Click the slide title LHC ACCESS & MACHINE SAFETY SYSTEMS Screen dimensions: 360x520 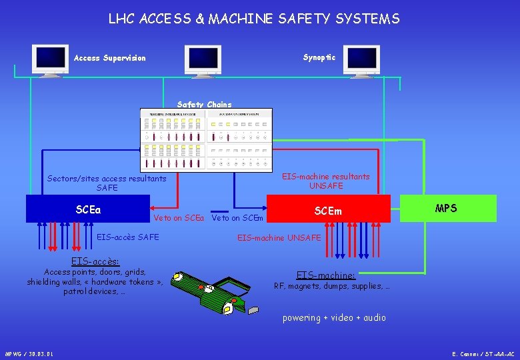pyautogui.click(x=254, y=19)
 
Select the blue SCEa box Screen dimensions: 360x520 pyautogui.click(x=87, y=208)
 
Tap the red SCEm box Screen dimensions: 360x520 pyautogui.click(x=328, y=209)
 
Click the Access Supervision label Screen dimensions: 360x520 pyautogui.click(x=109, y=58)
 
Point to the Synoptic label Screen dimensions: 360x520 pyautogui.click(x=319, y=57)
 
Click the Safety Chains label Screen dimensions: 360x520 pyautogui.click(x=204, y=104)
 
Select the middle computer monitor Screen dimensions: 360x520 pyautogui.click(x=203, y=61)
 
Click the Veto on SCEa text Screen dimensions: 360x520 pyautogui.click(x=178, y=218)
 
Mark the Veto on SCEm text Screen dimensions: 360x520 pyautogui.click(x=238, y=218)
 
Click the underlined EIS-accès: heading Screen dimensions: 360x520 pyautogui.click(x=95, y=261)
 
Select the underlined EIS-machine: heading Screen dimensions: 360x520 pyautogui.click(x=326, y=275)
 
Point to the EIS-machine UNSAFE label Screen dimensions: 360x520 pyautogui.click(x=279, y=237)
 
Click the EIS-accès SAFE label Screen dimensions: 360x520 pyautogui.click(x=128, y=237)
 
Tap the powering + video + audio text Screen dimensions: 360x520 pyautogui.click(x=334, y=317)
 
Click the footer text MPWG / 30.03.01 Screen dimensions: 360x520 pyautogui.click(x=29, y=353)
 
